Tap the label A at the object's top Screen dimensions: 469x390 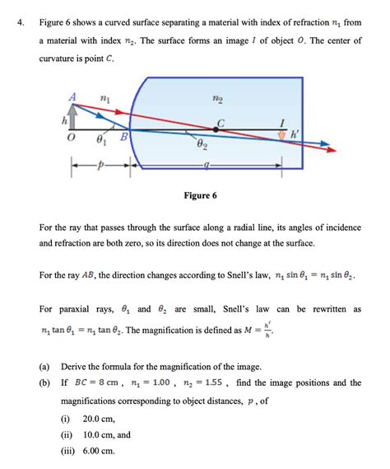[73, 96]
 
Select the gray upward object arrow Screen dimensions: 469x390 [72, 115]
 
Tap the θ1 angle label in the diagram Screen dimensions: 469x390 [100, 140]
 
